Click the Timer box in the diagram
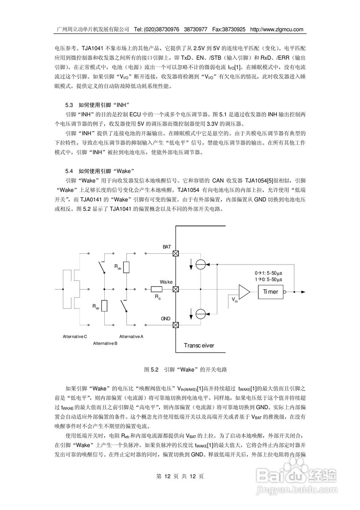coord(270,292)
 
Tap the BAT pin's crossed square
coord(175,253)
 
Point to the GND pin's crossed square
coord(175,325)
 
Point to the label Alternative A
coord(131,336)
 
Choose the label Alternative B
coord(105,343)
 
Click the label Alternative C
coord(75,336)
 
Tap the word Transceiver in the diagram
coord(199,345)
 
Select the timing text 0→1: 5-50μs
coord(268,273)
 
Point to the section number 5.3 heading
coord(69,105)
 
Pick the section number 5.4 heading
coord(69,171)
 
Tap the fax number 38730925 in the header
coord(236,29)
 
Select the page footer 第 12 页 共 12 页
coord(180,476)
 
